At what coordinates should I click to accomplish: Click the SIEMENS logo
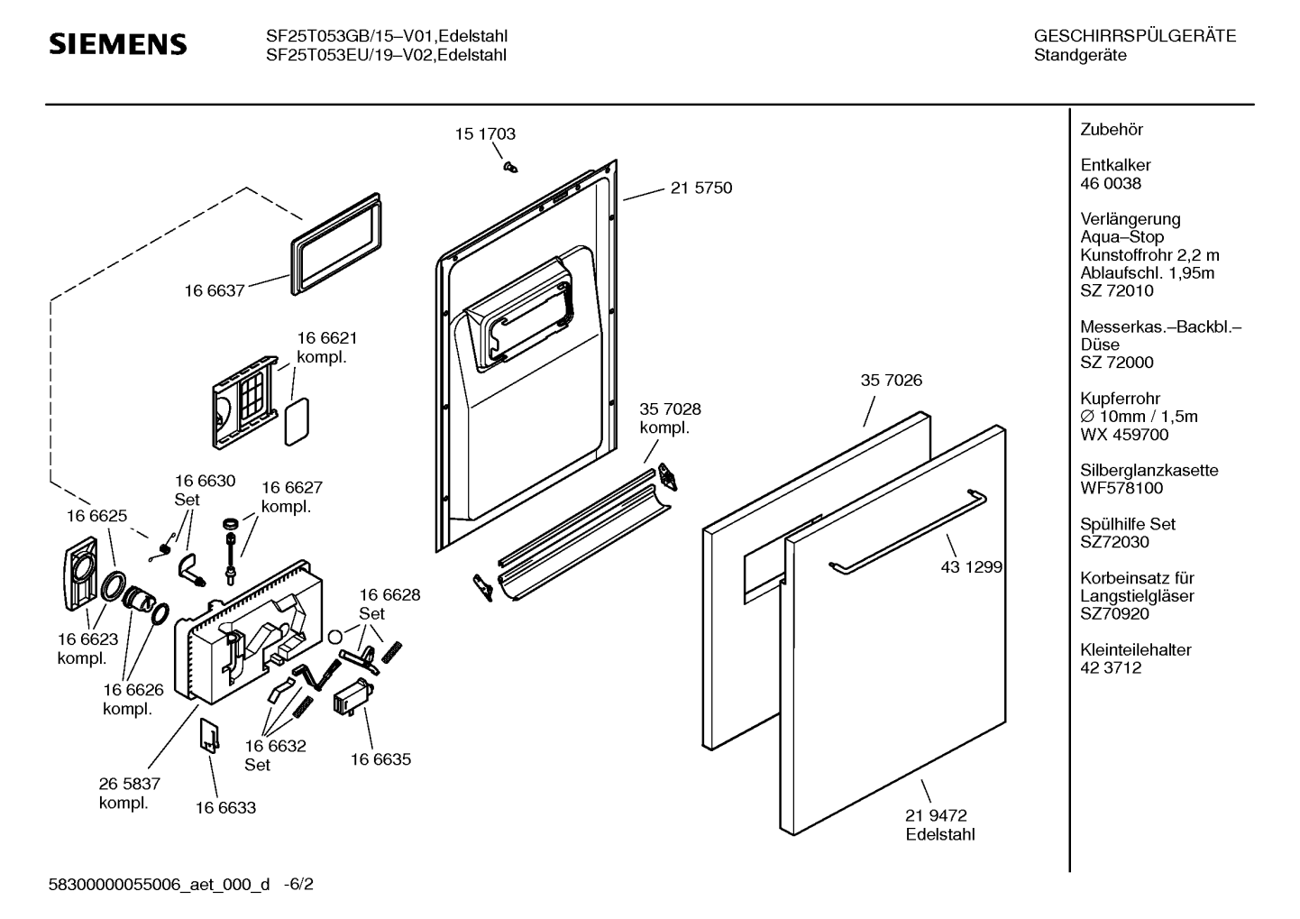(x=117, y=44)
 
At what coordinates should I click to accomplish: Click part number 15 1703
(x=484, y=134)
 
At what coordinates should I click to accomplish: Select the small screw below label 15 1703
(x=509, y=166)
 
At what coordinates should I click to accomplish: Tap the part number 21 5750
(x=700, y=188)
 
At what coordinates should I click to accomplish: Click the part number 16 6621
(x=326, y=338)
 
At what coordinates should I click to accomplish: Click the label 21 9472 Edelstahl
(x=939, y=825)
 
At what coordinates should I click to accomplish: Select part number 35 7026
(x=891, y=381)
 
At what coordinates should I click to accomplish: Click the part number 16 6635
(x=380, y=759)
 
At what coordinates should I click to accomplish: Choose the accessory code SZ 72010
(x=1116, y=290)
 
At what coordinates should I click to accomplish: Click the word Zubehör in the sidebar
(x=1111, y=130)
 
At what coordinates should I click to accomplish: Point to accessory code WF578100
(x=1121, y=488)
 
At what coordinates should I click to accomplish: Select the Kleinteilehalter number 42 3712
(x=1111, y=667)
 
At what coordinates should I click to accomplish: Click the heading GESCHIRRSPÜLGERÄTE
(x=1134, y=37)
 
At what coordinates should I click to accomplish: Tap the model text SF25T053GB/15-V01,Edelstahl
(x=386, y=37)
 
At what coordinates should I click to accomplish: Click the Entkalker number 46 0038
(x=1111, y=183)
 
